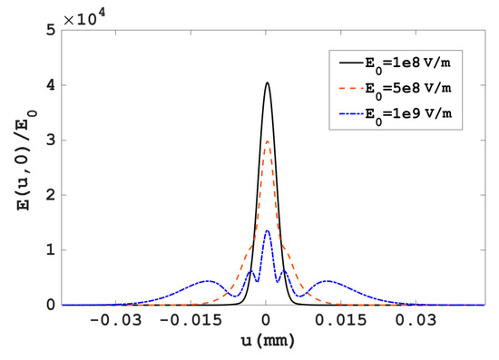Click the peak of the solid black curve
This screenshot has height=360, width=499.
[x=267, y=83]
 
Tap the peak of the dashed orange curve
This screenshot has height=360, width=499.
[x=267, y=141]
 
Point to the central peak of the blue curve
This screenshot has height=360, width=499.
[x=267, y=230]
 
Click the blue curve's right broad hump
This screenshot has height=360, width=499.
[x=327, y=281]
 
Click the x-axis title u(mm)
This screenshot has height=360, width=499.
[x=266, y=345]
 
